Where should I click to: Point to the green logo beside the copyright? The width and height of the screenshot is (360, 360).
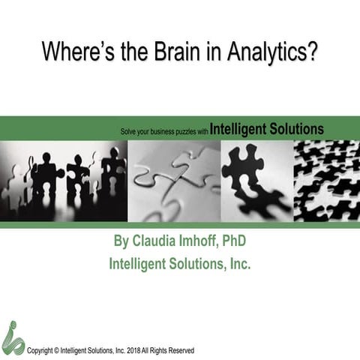coord(13,337)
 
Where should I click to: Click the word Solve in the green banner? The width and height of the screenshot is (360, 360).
coord(129,130)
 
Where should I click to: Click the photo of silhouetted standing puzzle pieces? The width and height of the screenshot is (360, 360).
coord(64,180)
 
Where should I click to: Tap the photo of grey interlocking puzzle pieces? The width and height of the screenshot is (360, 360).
coord(174,180)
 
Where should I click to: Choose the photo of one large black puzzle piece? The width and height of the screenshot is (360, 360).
coord(255,180)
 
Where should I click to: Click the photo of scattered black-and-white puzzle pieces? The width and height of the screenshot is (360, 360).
coord(325,180)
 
